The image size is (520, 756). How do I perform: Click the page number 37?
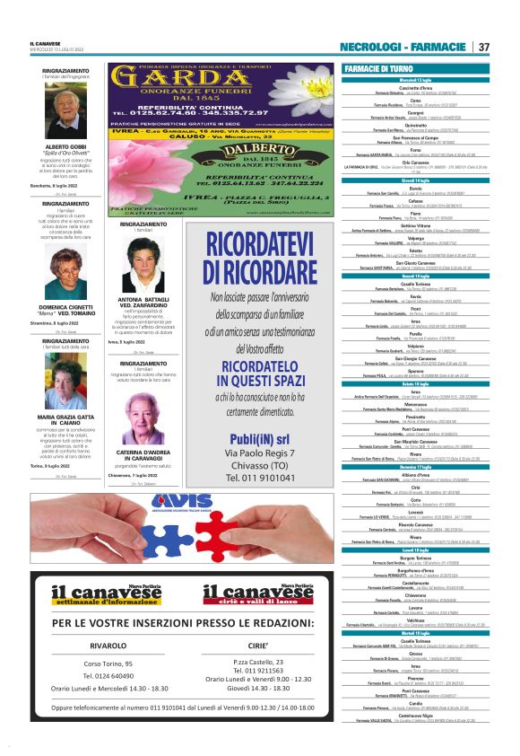[483, 47]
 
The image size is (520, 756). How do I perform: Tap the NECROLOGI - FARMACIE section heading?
[405, 47]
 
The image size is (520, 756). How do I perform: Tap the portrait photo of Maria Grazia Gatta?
[66, 380]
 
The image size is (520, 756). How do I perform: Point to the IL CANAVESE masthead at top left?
[45, 42]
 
